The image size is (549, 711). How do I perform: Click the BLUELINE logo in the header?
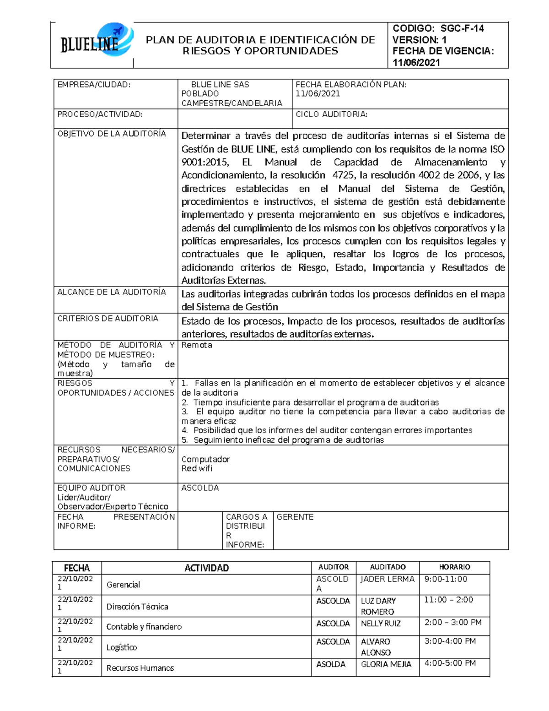96,42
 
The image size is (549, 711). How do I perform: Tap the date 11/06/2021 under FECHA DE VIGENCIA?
416,63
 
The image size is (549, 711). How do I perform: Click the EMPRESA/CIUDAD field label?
94,85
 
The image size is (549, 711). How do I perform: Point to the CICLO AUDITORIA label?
332,114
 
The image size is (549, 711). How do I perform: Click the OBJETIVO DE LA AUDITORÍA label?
112,134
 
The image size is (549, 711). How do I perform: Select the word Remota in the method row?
197,345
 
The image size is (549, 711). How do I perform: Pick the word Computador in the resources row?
205,459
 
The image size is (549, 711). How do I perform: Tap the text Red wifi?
197,468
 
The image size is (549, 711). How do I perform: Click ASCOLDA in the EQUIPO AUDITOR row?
200,488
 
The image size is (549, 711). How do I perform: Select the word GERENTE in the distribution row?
295,517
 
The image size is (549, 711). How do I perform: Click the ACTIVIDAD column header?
206,568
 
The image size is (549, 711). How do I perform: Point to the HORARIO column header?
454,567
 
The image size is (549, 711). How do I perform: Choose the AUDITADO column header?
388,567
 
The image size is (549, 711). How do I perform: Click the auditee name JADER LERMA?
387,579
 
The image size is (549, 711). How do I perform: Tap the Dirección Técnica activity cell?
137,607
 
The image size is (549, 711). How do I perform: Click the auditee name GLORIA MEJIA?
386,664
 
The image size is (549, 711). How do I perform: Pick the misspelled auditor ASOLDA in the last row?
331,664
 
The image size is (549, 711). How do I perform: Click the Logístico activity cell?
122,647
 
